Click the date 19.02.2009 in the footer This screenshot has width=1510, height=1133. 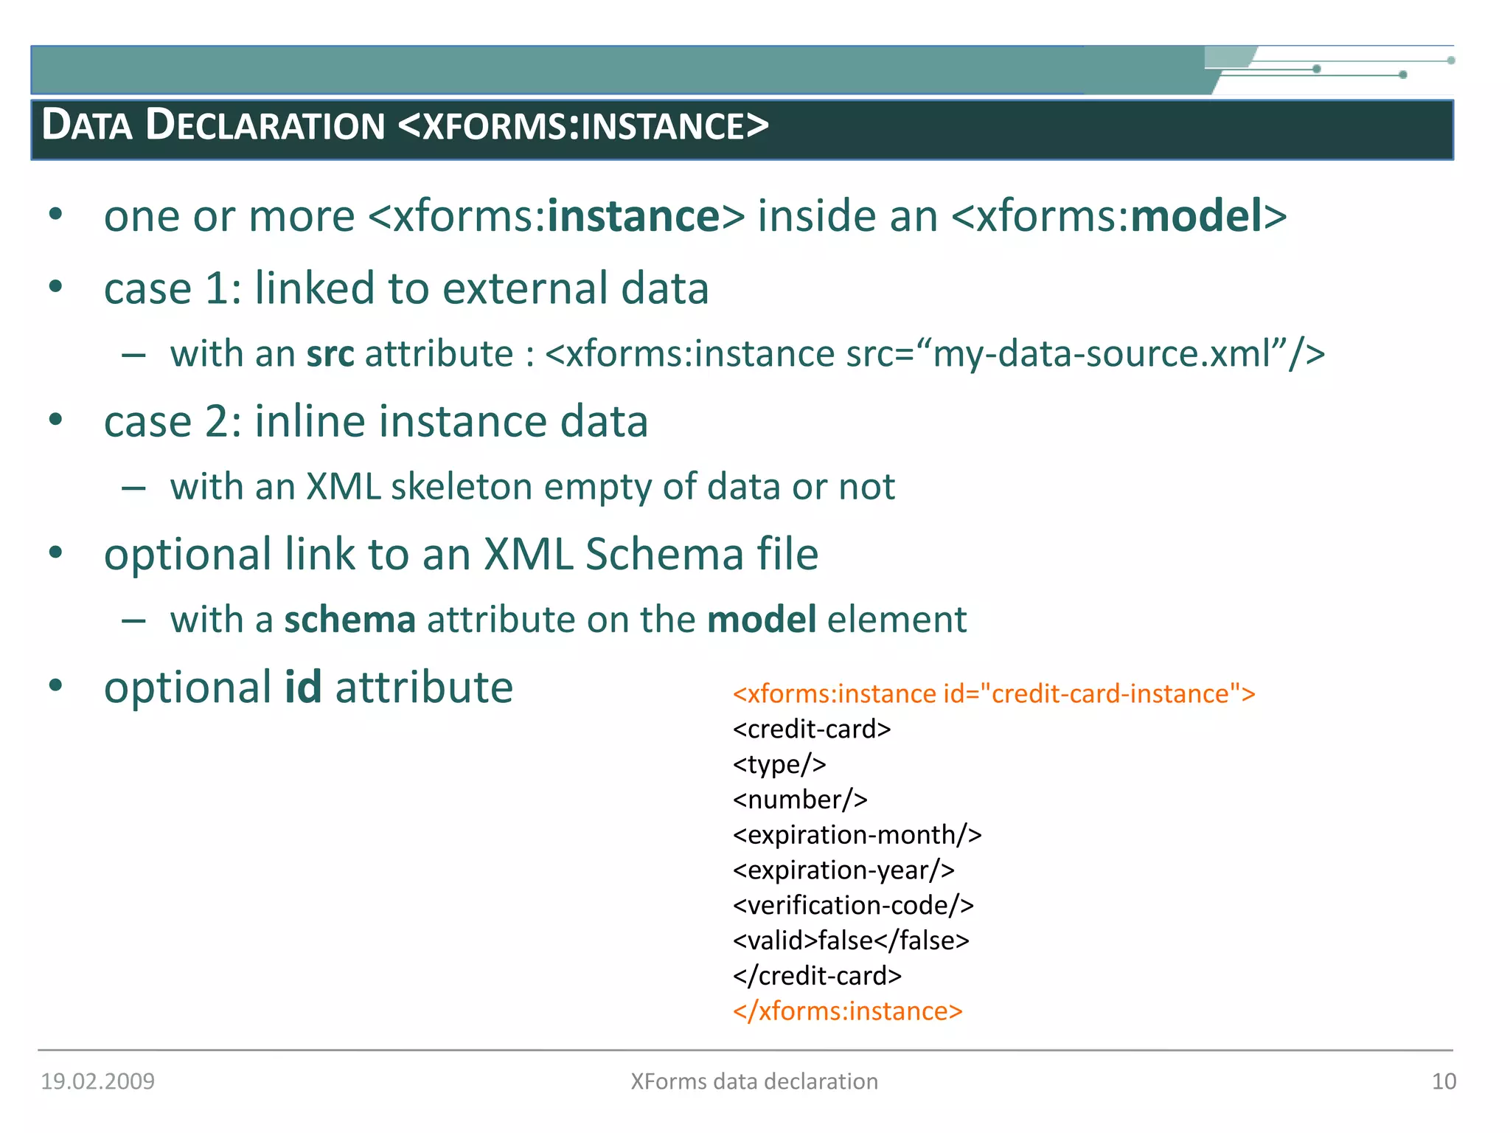[97, 1081]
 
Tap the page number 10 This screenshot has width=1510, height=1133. [1443, 1081]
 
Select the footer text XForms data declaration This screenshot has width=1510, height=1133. [754, 1081]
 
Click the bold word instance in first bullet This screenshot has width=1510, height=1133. [633, 216]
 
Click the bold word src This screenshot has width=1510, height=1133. [330, 353]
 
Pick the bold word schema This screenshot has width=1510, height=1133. [349, 620]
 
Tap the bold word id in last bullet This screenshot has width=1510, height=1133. [303, 687]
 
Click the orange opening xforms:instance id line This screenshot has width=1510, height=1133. [993, 694]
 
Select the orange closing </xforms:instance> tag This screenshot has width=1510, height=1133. [847, 1011]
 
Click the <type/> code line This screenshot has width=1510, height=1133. [779, 764]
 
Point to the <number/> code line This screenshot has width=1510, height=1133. [800, 800]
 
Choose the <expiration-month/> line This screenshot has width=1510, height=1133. [857, 835]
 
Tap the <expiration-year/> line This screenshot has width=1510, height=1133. [843, 870]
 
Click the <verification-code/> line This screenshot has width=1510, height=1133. [853, 906]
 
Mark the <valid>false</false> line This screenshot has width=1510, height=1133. [851, 941]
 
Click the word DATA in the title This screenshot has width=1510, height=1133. [87, 125]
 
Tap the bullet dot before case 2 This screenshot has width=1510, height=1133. [56, 420]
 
